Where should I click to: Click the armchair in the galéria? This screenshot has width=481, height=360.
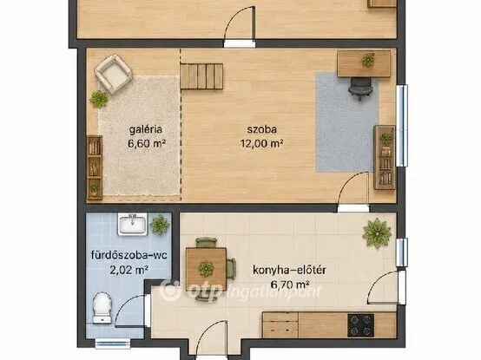pyautogui.click(x=113, y=74)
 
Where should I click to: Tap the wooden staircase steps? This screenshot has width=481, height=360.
pyautogui.click(x=201, y=76)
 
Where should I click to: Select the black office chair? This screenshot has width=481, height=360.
pyautogui.click(x=360, y=88)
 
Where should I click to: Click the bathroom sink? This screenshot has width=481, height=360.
pyautogui.click(x=133, y=224)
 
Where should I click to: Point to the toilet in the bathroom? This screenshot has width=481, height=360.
pyautogui.click(x=102, y=308)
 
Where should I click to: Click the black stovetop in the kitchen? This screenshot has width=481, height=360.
pyautogui.click(x=360, y=325)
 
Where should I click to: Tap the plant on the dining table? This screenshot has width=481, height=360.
pyautogui.click(x=206, y=268)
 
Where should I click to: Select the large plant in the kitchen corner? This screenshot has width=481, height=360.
pyautogui.click(x=377, y=233)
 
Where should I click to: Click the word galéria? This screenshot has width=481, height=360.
pyautogui.click(x=145, y=129)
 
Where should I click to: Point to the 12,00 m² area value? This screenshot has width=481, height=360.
pyautogui.click(x=261, y=143)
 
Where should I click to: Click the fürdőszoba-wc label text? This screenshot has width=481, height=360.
pyautogui.click(x=128, y=255)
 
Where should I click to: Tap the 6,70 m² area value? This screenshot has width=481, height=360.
pyautogui.click(x=290, y=285)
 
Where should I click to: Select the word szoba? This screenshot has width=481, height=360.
pyautogui.click(x=262, y=129)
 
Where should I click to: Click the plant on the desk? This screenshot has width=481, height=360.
pyautogui.click(x=368, y=60)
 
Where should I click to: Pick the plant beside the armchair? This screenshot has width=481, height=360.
pyautogui.click(x=99, y=99)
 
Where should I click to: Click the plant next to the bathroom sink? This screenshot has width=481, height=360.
pyautogui.click(x=160, y=225)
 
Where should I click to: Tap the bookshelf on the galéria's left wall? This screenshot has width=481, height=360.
pyautogui.click(x=95, y=168)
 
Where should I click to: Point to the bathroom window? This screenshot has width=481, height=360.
pyautogui.click(x=113, y=344)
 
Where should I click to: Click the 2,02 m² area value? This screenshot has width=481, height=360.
pyautogui.click(x=128, y=270)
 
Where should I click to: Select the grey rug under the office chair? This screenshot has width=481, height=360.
pyautogui.click(x=346, y=122)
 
